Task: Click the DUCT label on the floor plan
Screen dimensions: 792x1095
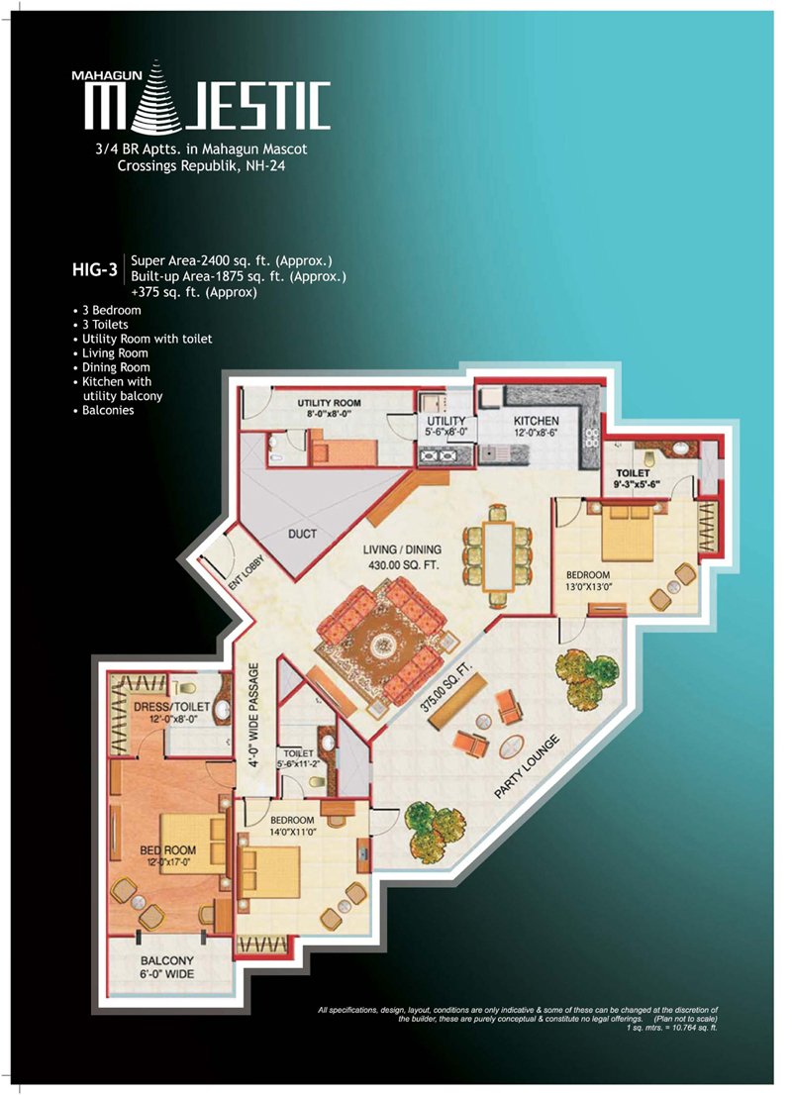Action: point(302,534)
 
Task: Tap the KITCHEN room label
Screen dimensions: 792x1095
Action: point(536,421)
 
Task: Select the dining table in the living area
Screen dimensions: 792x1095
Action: point(499,554)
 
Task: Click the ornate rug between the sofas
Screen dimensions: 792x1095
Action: point(381,644)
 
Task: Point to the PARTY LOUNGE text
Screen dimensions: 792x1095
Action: point(527,766)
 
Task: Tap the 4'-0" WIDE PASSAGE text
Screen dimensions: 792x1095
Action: point(253,715)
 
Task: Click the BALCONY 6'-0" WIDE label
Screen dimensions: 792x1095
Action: point(167,967)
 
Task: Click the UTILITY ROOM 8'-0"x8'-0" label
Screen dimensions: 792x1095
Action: point(329,408)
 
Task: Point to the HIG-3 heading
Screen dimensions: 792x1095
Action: point(94,269)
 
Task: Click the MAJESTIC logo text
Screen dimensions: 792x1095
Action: point(208,106)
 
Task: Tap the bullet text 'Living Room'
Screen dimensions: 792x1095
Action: point(115,352)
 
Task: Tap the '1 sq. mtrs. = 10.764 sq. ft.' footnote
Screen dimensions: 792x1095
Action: point(672,1028)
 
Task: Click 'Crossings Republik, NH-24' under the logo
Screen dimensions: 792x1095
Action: point(201,166)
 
